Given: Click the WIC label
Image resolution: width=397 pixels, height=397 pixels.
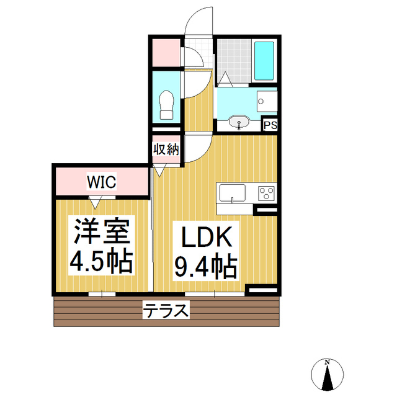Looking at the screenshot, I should [x=100, y=182].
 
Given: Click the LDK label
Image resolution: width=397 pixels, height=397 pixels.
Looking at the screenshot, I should [x=205, y=237].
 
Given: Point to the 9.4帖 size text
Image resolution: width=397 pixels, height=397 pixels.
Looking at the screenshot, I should [x=205, y=267].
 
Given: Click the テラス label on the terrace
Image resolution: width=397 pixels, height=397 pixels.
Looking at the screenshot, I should [x=166, y=310].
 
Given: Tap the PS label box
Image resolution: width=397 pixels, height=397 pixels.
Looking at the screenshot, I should [x=270, y=125].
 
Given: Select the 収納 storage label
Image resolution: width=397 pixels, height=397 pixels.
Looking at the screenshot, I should [x=166, y=149].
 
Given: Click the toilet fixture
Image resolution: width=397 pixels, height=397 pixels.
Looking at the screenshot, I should [x=166, y=104].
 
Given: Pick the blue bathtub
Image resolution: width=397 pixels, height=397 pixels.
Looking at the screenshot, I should [x=265, y=61].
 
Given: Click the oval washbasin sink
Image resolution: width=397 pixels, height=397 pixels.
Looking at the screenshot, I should [x=239, y=122].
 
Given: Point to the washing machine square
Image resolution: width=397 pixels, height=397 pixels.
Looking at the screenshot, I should [x=269, y=100].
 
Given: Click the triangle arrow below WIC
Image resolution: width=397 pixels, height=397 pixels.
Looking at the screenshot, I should [x=95, y=202].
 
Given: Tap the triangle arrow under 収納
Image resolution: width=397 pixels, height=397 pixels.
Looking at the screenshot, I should [x=159, y=169].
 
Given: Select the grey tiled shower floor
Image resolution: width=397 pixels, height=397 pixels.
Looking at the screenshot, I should [x=234, y=61].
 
